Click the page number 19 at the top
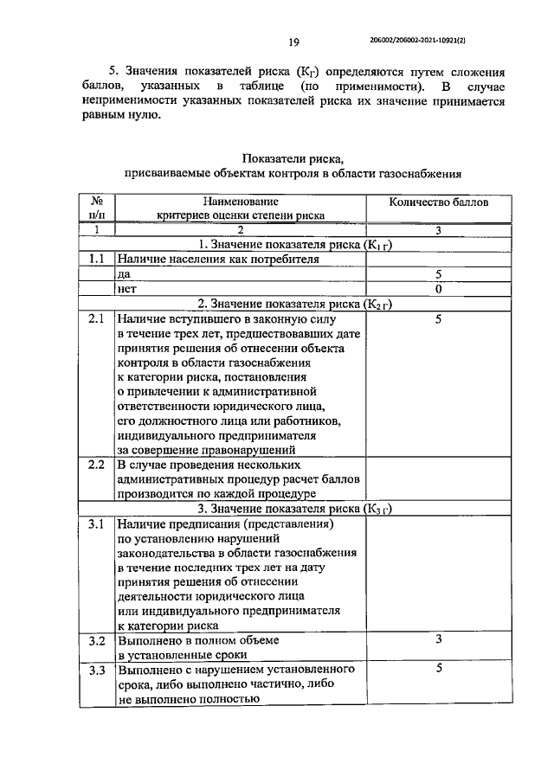(x=293, y=41)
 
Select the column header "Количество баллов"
(x=438, y=202)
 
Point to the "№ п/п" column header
(x=97, y=208)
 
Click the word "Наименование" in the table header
(x=241, y=202)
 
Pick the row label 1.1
(x=97, y=258)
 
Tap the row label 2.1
(x=97, y=318)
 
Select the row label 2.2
(x=97, y=465)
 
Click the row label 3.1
(x=97, y=524)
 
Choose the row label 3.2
(x=97, y=640)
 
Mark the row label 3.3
(x=97, y=671)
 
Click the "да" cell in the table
(x=124, y=273)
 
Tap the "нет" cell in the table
(x=126, y=288)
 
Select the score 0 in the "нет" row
(x=439, y=288)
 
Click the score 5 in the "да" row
(x=439, y=273)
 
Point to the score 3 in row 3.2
(x=439, y=639)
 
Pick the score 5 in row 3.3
(x=439, y=669)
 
